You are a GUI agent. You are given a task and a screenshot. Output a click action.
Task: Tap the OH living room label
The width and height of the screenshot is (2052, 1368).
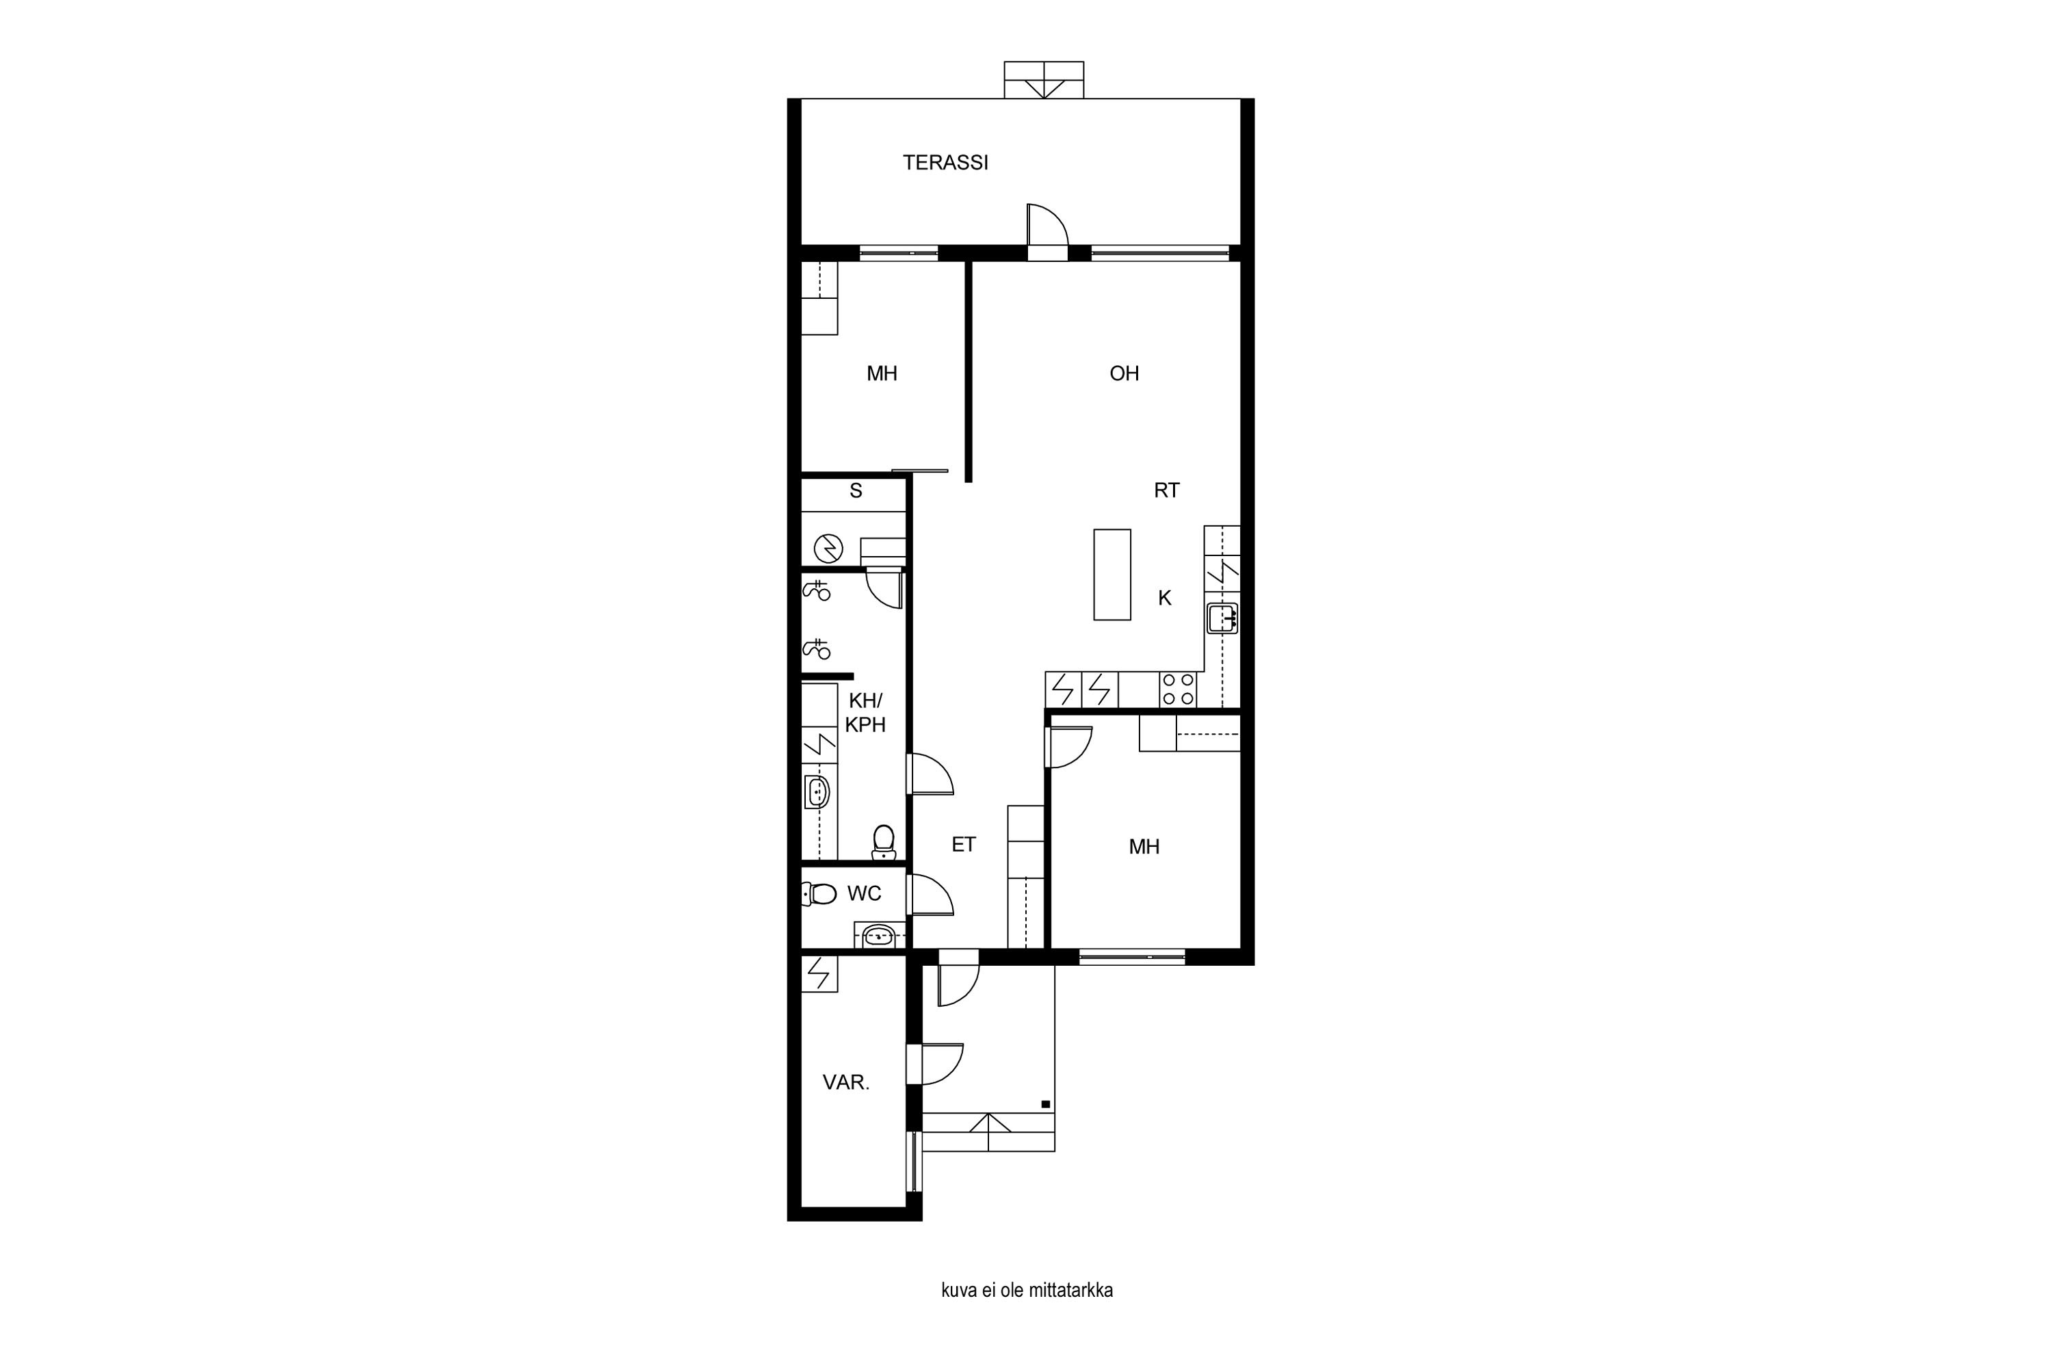point(1124,373)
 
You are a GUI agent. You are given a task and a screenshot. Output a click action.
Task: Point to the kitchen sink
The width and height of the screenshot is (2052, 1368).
point(1222,618)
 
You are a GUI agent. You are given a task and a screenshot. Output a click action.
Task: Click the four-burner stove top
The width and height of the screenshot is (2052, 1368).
point(1178,689)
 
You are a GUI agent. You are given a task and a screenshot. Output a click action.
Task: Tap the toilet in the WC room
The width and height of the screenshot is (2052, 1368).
point(818,893)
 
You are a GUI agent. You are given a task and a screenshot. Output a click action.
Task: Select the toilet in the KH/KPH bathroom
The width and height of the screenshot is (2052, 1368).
point(884,841)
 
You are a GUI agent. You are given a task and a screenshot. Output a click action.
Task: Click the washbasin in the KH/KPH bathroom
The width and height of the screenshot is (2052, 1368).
point(817,792)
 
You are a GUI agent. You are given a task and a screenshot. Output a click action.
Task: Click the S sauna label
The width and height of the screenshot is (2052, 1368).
point(856,491)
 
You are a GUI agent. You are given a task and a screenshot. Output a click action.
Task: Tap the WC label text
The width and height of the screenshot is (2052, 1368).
point(864,893)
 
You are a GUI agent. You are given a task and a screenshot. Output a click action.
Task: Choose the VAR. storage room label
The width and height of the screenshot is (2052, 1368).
point(845,1083)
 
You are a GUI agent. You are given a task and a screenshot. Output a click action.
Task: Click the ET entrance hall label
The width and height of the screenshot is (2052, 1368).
point(963,845)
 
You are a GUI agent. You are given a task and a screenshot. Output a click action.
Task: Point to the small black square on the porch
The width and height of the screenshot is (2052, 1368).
point(1045,1104)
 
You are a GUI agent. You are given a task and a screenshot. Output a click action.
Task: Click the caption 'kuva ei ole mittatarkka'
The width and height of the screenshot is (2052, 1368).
point(1027,1290)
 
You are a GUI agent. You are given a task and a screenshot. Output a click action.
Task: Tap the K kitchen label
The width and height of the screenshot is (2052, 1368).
point(1165,598)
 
